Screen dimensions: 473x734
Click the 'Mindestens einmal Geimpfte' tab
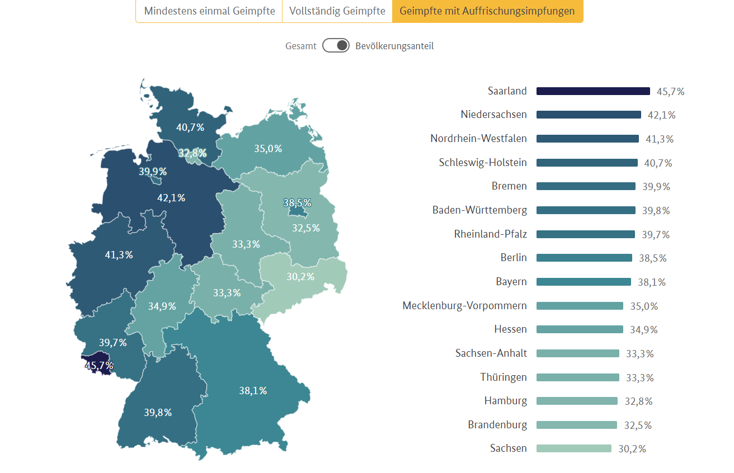point(209,11)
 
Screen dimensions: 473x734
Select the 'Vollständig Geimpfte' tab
point(337,11)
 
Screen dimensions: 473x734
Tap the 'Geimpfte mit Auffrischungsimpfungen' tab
point(487,11)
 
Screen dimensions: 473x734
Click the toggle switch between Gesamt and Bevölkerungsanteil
point(336,46)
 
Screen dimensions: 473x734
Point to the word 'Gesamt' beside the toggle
point(300,46)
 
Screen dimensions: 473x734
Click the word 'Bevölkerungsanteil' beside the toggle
point(394,46)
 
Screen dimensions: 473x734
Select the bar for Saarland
point(593,91)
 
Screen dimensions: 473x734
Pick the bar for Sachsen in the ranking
point(573,448)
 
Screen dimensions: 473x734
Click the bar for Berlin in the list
point(584,258)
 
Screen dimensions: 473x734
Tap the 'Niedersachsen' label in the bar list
point(493,115)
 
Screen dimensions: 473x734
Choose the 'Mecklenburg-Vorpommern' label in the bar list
point(464,306)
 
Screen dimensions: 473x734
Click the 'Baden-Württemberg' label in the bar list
point(479,210)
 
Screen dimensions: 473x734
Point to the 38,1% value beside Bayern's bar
point(652,282)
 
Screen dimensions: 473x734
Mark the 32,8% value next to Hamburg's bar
point(638,401)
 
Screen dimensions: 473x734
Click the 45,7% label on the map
point(99,366)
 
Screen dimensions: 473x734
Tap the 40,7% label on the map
point(190,127)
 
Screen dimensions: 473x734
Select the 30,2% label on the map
point(300,277)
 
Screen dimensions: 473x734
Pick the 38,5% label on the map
point(297,203)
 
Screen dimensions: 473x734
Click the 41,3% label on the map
point(119,255)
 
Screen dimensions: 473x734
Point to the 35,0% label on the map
point(268,149)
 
